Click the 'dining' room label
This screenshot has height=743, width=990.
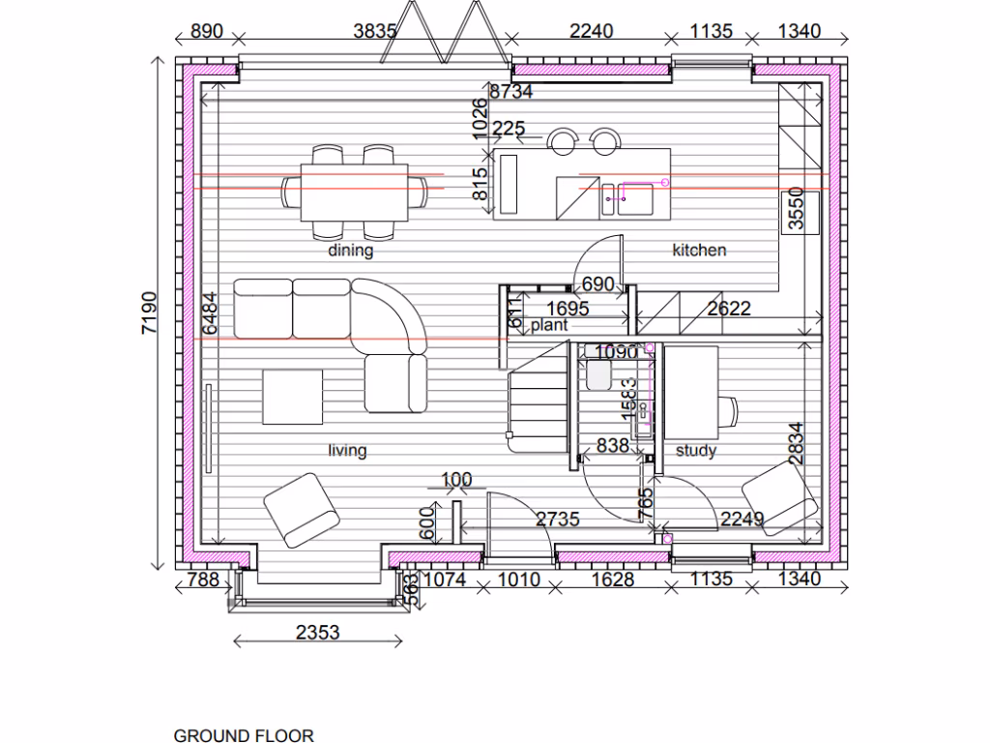tap(350, 251)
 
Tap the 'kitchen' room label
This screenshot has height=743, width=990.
tap(699, 250)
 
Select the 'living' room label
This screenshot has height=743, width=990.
tap(347, 450)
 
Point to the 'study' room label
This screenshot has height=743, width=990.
tap(695, 450)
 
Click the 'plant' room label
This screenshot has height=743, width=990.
tap(548, 326)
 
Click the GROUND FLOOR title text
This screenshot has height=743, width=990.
tap(243, 735)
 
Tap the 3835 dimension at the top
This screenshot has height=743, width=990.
tap(374, 31)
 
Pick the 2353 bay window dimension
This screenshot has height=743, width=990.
tap(317, 633)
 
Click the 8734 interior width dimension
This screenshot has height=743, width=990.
tap(511, 92)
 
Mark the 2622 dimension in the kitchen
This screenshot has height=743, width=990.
tap(729, 310)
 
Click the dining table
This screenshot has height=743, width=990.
tap(354, 190)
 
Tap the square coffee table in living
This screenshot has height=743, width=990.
tap(292, 397)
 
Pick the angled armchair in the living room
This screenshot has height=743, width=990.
tap(301, 509)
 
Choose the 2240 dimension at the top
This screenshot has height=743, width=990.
tap(591, 31)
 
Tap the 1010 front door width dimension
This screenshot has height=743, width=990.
tap(518, 580)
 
